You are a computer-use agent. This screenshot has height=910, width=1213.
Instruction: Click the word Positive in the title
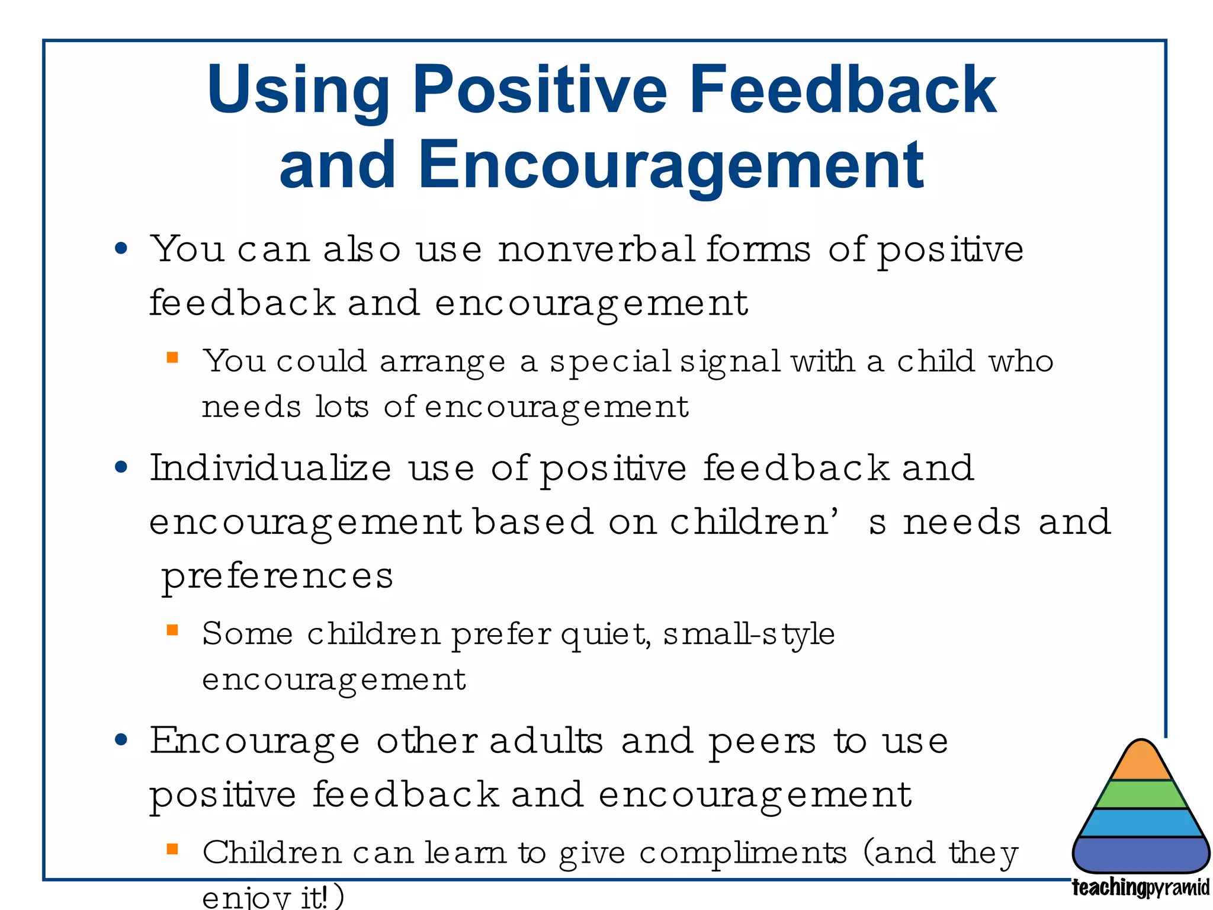[540, 90]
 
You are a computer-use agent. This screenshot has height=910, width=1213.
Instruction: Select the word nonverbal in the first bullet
[596, 249]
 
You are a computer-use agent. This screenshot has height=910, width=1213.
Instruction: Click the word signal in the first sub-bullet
[730, 362]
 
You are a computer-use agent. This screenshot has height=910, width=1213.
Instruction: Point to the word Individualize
[270, 468]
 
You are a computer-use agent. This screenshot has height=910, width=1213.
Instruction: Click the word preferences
[277, 576]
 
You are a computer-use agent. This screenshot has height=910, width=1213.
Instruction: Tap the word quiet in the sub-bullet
[605, 635]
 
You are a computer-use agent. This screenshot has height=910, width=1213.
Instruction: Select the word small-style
[749, 635]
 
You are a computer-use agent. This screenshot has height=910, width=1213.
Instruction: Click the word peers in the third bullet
[762, 742]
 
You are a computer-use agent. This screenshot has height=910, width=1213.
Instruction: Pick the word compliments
[743, 854]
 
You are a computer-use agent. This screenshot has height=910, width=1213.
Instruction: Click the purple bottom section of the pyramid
[1141, 854]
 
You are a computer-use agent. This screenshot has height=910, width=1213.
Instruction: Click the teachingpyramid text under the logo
[1140, 888]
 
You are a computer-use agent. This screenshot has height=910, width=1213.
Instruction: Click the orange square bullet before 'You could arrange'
[172, 357]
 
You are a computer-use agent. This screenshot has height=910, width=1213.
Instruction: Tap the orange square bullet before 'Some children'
[172, 630]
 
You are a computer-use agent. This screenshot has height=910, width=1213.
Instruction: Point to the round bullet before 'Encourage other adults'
[121, 740]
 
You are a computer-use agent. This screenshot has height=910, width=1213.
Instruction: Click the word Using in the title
[298, 90]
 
